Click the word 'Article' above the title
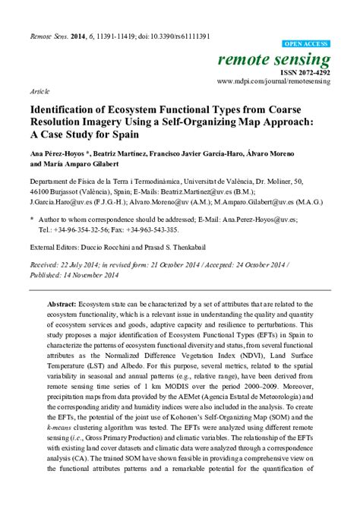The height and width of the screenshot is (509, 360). (x=39, y=90)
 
